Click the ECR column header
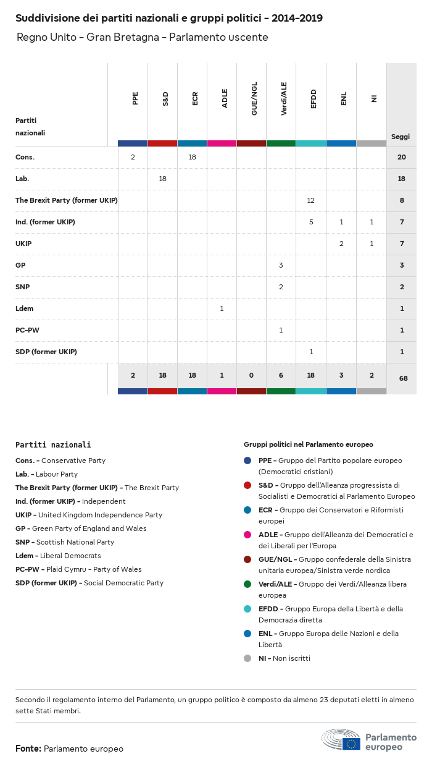(x=195, y=98)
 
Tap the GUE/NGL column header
(x=254, y=98)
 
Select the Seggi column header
(x=401, y=137)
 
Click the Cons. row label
(x=25, y=157)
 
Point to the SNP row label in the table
(x=23, y=287)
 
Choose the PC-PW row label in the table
(x=27, y=330)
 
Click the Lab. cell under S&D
(x=162, y=179)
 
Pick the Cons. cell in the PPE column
(x=133, y=157)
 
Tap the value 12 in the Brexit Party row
(x=311, y=200)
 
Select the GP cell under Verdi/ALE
(x=281, y=265)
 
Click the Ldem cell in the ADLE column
(x=222, y=308)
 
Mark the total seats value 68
(x=403, y=378)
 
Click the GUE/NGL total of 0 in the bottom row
(x=252, y=375)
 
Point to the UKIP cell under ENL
(x=341, y=244)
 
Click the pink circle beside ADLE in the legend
(x=247, y=535)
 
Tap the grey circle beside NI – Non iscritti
(x=247, y=658)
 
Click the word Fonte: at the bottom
(x=28, y=749)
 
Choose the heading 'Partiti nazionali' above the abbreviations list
(x=53, y=444)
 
